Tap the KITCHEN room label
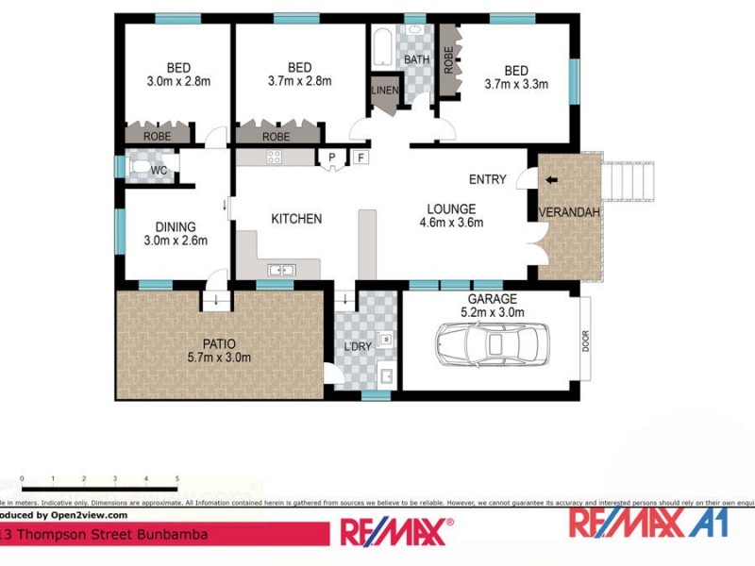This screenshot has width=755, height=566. [296, 219]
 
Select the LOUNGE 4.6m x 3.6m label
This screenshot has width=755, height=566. [451, 216]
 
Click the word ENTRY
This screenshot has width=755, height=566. [488, 179]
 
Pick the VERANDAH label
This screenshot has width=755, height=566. [569, 212]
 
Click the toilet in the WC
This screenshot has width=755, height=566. [142, 169]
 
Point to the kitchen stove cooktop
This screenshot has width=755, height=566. [275, 158]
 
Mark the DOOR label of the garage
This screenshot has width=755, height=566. [585, 341]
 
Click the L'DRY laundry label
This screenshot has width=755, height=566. [358, 347]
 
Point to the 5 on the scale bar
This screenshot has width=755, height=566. [176, 480]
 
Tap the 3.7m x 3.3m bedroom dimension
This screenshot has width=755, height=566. [516, 84]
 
